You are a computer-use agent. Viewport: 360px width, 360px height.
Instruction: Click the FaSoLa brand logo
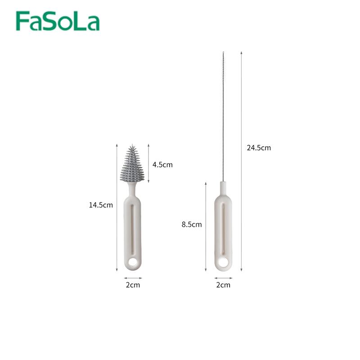tap(58, 21)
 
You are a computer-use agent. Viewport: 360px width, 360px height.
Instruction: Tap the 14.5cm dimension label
tap(101, 205)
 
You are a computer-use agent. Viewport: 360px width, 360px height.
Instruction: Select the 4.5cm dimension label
tap(162, 165)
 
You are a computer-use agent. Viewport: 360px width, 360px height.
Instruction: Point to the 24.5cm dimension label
tap(259, 148)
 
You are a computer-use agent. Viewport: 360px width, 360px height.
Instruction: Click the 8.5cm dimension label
tap(192, 224)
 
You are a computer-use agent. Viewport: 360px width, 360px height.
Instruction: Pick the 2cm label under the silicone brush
tap(133, 285)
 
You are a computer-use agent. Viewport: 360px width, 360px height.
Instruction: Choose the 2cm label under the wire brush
tap(223, 285)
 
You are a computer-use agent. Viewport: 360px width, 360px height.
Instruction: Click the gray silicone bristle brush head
tap(132, 163)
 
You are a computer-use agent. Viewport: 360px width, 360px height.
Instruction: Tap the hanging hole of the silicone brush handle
tap(133, 262)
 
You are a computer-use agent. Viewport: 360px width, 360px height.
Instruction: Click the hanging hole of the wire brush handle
tap(223, 262)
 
